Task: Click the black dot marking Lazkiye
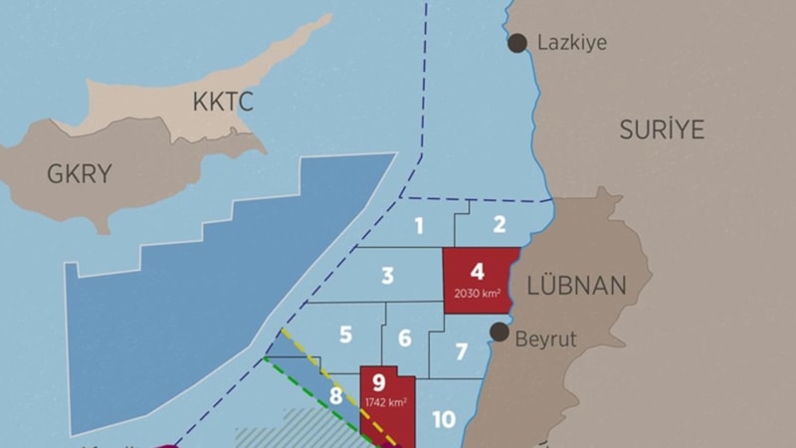pyautogui.click(x=517, y=43)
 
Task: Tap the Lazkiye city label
pyautogui.click(x=571, y=43)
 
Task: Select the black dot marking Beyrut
pyautogui.click(x=500, y=331)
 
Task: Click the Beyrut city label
pyautogui.click(x=545, y=338)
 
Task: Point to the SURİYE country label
pyautogui.click(x=662, y=128)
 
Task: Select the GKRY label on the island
pyautogui.click(x=80, y=174)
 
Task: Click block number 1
pyautogui.click(x=419, y=226)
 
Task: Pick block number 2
pyautogui.click(x=499, y=224)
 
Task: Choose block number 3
pyautogui.click(x=388, y=276)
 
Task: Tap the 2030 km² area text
pyautogui.click(x=477, y=293)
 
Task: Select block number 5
pyautogui.click(x=345, y=335)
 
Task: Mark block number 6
pyautogui.click(x=405, y=338)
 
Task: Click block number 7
pyautogui.click(x=461, y=351)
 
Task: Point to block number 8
pyautogui.click(x=336, y=396)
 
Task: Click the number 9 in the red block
pyautogui.click(x=378, y=381)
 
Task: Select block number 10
pyautogui.click(x=444, y=419)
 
